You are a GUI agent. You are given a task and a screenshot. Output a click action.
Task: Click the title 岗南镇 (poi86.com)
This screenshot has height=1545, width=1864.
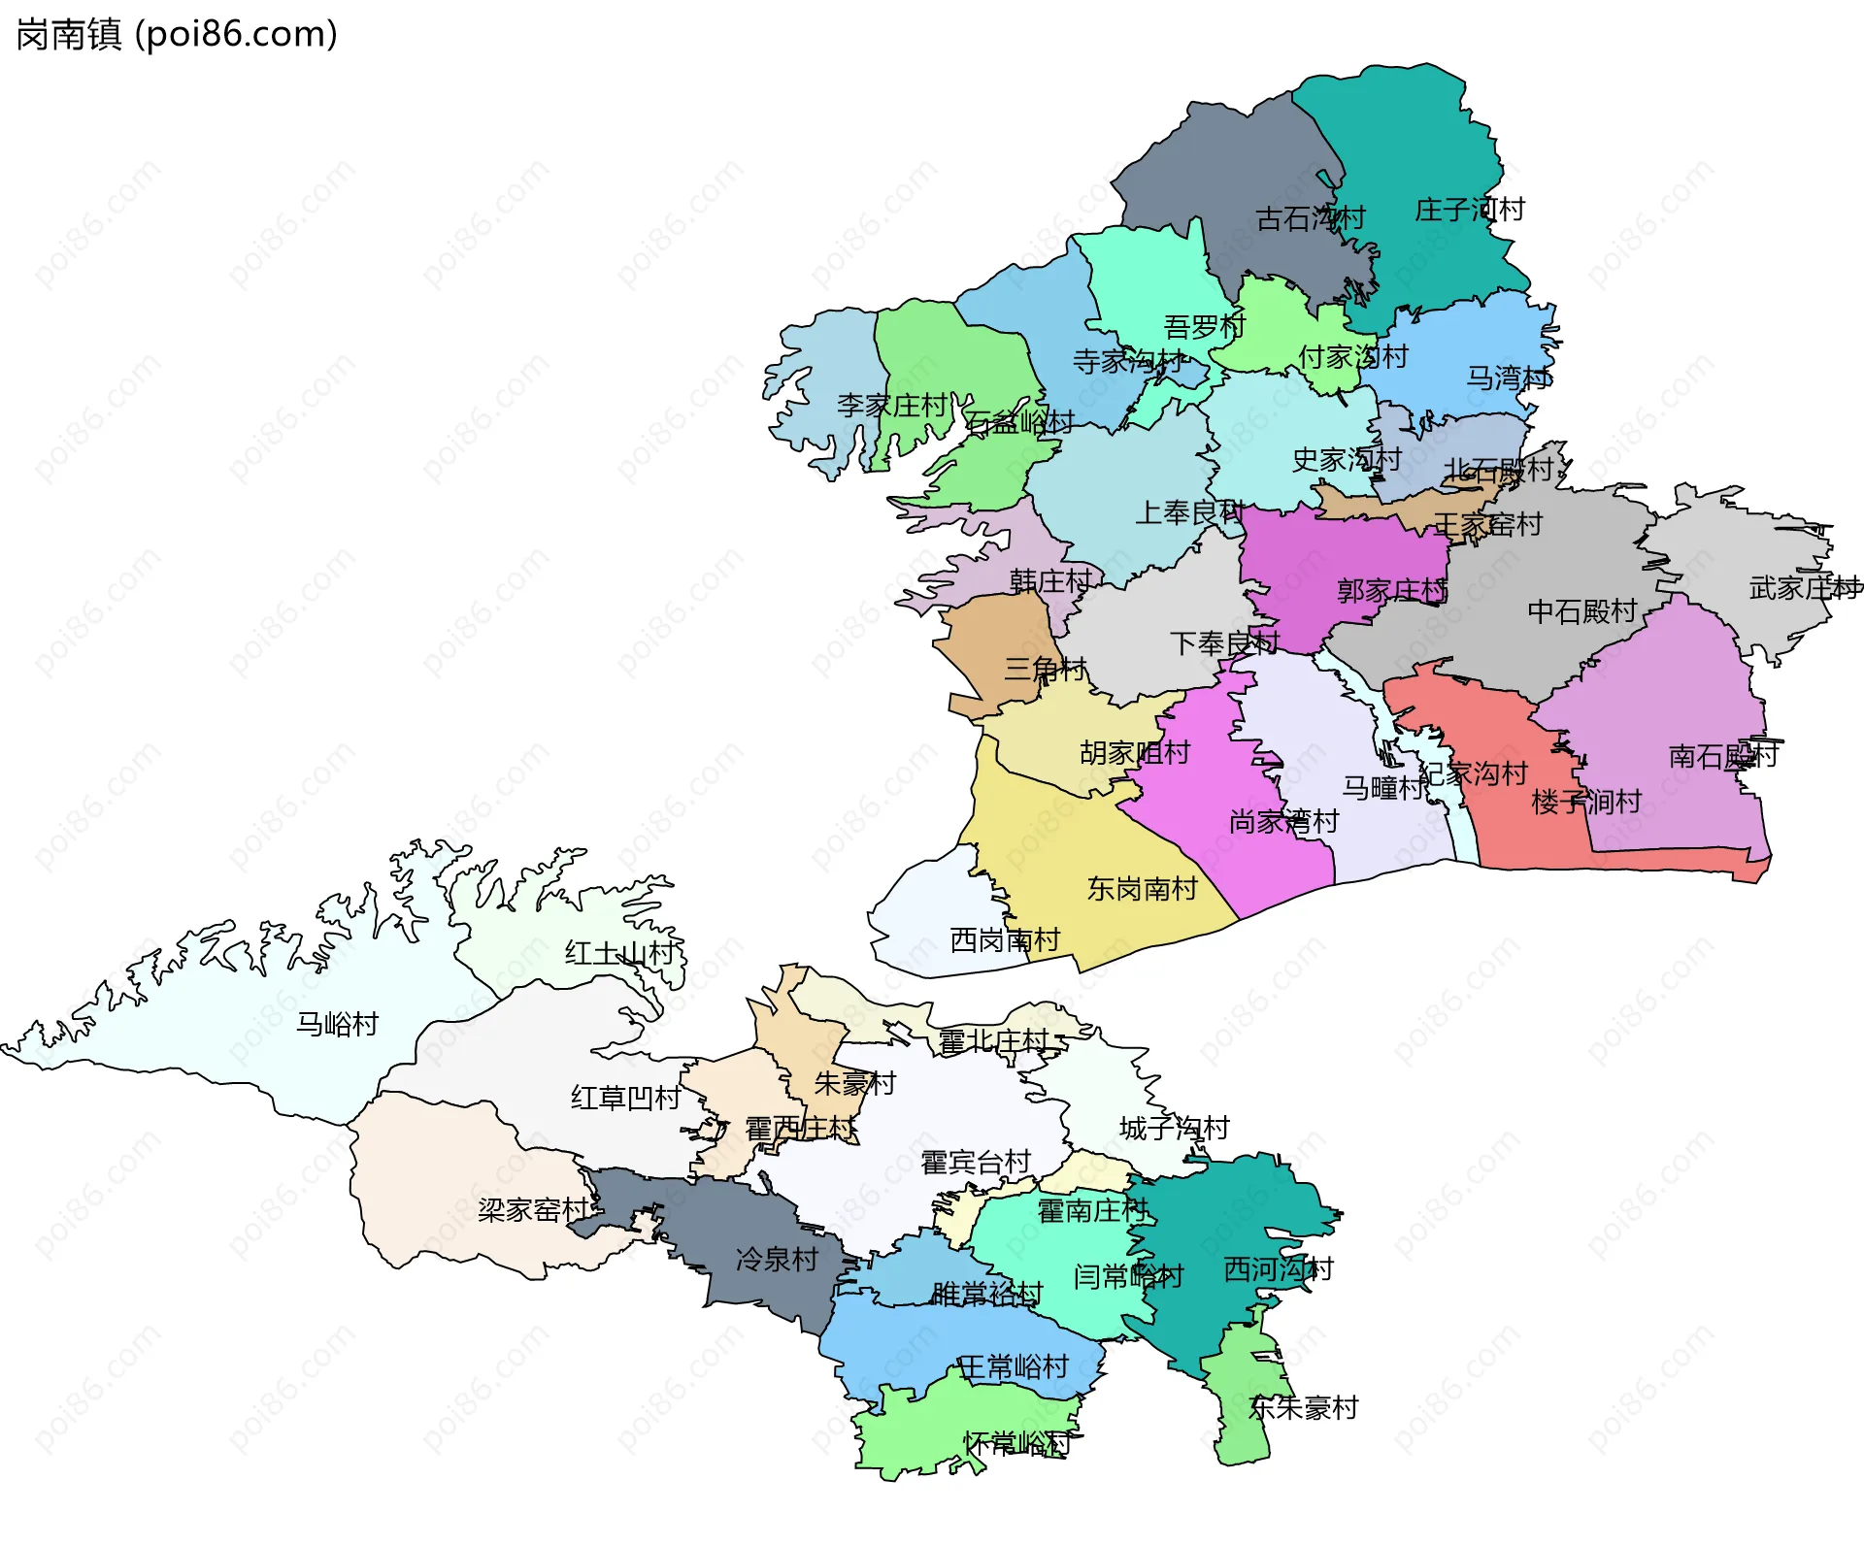pos(177,34)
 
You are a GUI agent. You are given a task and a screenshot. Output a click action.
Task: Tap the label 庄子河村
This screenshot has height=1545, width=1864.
pos(1469,210)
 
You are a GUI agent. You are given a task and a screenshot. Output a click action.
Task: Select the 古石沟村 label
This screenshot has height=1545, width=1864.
pos(1310,218)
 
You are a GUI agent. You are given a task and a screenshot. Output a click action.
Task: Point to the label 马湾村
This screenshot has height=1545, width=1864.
pos(1508,378)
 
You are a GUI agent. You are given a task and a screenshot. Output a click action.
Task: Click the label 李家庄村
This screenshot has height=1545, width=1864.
pos(891,405)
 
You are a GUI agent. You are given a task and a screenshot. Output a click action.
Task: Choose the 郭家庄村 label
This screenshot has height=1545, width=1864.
pos(1391,590)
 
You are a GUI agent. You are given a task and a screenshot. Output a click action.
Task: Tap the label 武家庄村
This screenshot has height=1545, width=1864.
pos(1804,587)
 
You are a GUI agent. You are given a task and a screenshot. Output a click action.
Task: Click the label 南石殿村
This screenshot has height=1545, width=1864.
pos(1722,756)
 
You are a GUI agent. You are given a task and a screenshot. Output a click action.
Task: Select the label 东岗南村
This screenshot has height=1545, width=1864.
pos(1142,888)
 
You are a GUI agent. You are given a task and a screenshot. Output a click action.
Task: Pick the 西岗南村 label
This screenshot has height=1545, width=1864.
pos(1004,939)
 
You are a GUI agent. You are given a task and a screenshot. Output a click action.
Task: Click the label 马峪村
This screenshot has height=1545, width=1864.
pos(337,1024)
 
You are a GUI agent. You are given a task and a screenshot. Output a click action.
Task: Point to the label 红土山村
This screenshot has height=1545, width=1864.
pos(619,952)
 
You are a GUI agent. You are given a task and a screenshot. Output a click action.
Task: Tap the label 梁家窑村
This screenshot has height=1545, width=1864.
pos(532,1209)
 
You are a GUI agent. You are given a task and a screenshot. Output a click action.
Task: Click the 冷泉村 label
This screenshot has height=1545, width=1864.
pos(777,1259)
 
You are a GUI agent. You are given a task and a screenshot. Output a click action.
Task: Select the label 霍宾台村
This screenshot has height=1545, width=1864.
pos(975,1162)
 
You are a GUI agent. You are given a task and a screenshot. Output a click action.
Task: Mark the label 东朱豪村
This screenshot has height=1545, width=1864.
pos(1303,1407)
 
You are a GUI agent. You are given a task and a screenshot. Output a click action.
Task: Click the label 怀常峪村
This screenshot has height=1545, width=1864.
pos(1016,1443)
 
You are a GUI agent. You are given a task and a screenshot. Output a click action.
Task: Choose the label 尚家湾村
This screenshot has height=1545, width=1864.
pos(1283,822)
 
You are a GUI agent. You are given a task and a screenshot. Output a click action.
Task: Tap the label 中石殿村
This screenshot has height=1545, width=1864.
pos(1581,610)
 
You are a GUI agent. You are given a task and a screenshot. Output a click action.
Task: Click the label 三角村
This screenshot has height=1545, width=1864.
pos(1045,668)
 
